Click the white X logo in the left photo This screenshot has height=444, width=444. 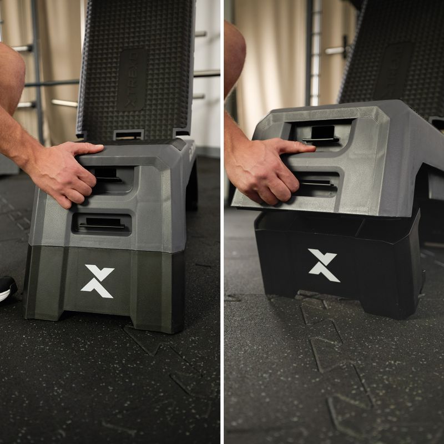97,281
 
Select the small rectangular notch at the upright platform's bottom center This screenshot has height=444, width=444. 128,135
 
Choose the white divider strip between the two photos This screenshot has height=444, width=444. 222,222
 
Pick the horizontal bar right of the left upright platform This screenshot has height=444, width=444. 206,73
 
